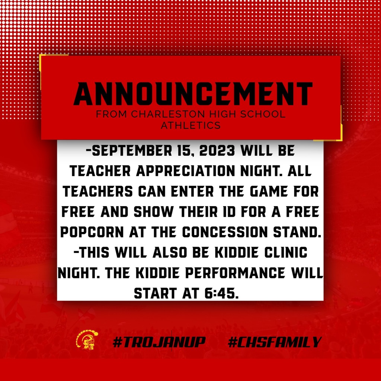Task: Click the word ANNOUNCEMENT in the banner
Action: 193,94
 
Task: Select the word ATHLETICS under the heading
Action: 191,125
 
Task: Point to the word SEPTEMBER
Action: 132,151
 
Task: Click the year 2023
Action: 217,151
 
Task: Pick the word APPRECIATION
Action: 185,171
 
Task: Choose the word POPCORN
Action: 92,232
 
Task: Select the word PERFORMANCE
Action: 235,273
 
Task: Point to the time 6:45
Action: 220,293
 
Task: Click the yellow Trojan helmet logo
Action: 87,340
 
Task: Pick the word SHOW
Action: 153,212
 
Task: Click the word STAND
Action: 297,232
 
